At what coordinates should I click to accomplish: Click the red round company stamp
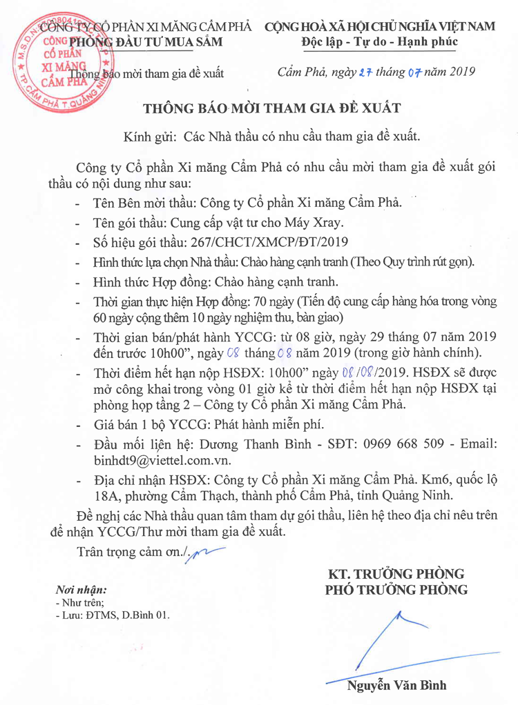(x=59, y=67)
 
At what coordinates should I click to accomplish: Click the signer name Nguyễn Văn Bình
(x=396, y=686)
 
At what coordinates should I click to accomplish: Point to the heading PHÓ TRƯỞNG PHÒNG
(x=396, y=590)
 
